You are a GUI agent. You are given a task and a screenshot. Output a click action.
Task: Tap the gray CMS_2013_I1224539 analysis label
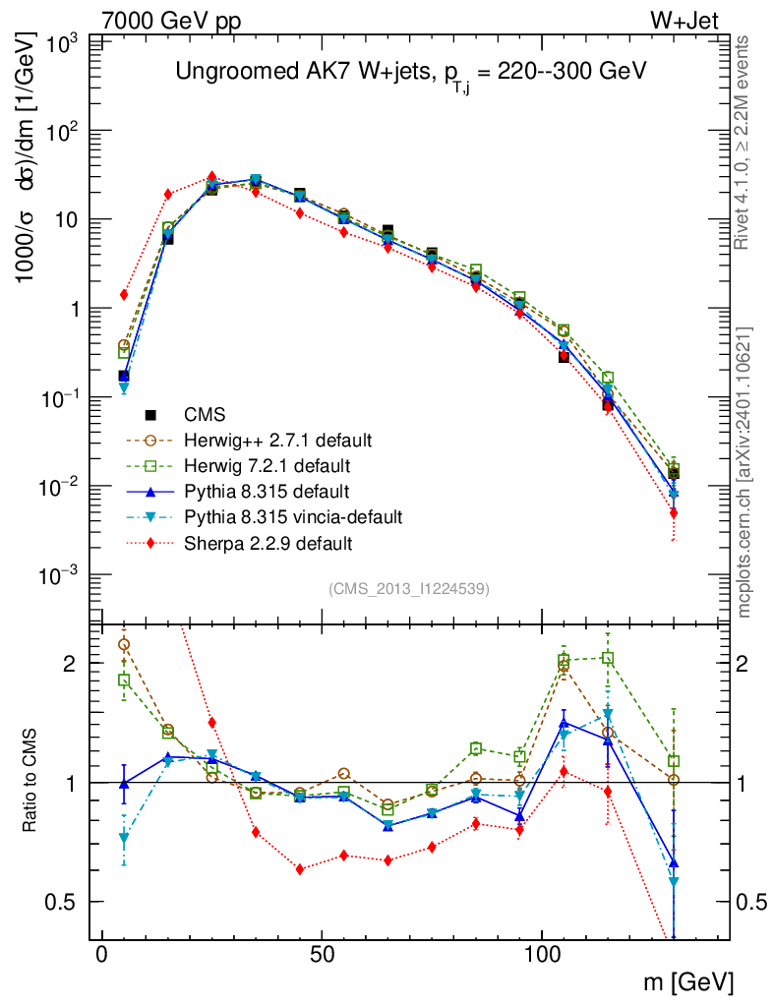tap(409, 588)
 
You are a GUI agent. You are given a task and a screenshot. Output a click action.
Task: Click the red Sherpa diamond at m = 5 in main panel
tap(124, 294)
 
